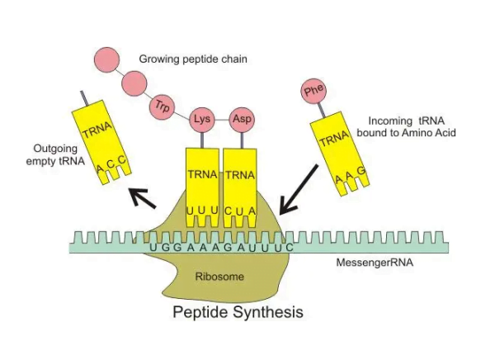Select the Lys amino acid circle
pos(201,118)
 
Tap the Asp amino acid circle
pos(241,118)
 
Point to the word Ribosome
pos(219,277)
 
